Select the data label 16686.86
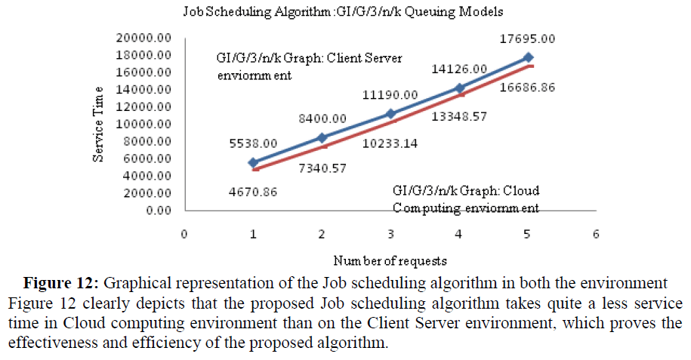coord(526,88)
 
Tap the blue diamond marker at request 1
coord(253,162)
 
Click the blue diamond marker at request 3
coord(390,113)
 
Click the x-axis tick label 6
coord(597,234)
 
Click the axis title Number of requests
coord(390,261)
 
